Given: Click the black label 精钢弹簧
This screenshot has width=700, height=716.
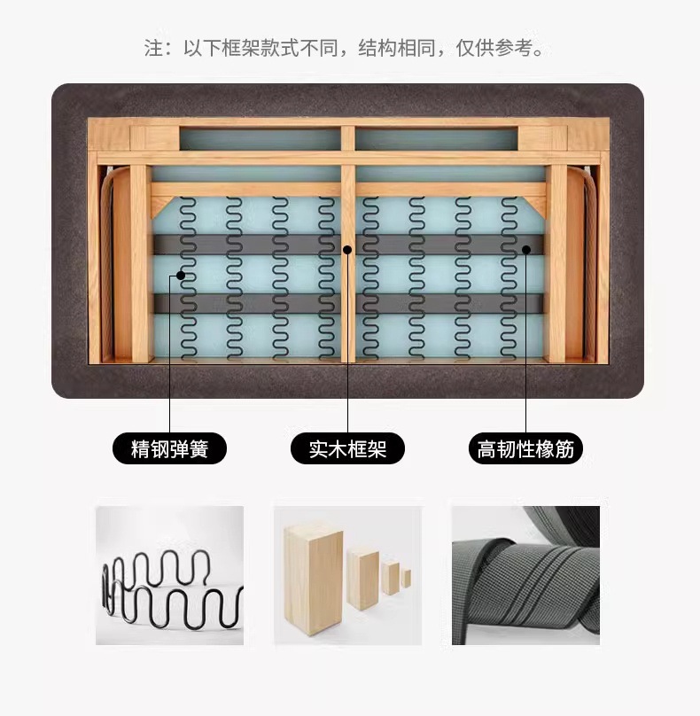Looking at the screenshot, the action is click(x=169, y=448).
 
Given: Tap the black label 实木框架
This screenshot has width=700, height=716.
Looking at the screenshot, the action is click(x=347, y=448).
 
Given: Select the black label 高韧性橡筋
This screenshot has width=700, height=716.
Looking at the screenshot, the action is click(x=525, y=448).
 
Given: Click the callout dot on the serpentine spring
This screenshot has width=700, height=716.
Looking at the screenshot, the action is click(x=181, y=276).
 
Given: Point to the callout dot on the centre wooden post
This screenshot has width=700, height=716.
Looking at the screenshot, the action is click(x=347, y=250).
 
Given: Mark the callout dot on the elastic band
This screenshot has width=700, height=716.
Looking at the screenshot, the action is click(x=526, y=250).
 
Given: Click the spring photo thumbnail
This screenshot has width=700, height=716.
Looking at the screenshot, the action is click(x=169, y=575).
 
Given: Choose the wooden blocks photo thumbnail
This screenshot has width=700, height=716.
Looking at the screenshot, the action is click(x=347, y=575).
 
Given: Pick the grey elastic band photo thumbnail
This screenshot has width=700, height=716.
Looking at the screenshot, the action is click(x=525, y=575).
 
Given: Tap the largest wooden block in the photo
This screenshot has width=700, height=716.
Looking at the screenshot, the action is click(x=314, y=579).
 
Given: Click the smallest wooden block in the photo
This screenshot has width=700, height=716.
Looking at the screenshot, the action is click(x=406, y=578).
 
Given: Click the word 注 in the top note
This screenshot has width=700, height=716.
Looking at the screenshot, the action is click(x=153, y=48).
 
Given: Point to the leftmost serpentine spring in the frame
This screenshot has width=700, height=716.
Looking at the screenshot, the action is click(x=188, y=277).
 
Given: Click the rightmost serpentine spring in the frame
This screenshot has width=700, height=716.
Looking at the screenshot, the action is click(x=509, y=277).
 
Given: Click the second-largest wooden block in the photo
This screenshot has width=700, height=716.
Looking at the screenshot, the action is click(x=363, y=579).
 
